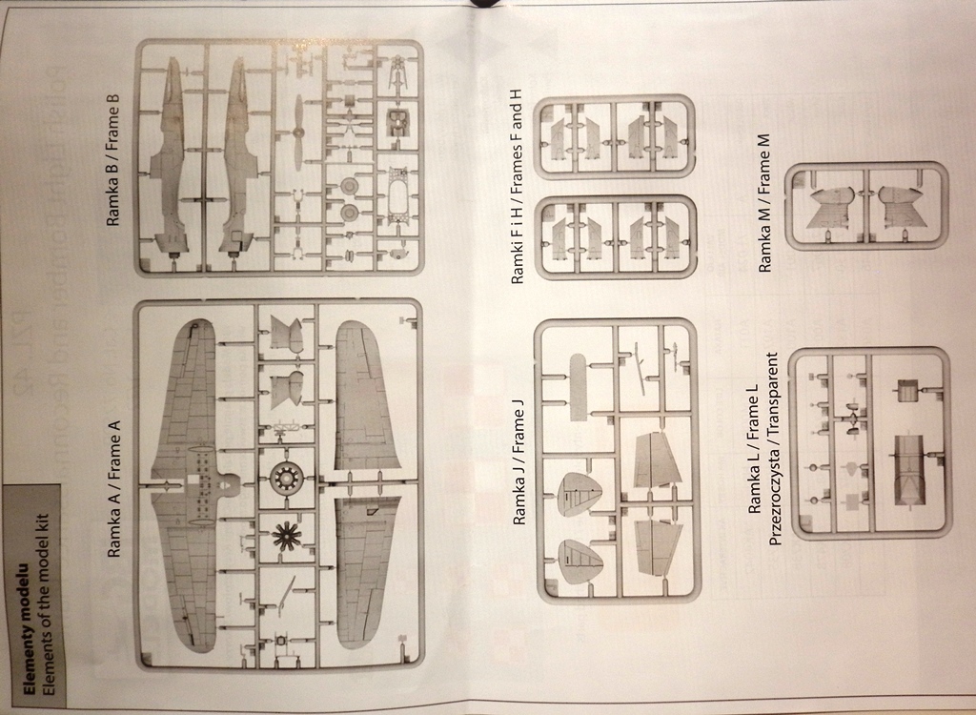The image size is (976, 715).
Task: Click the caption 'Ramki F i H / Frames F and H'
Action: (518, 187)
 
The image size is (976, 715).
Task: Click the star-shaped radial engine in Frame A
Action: (284, 537)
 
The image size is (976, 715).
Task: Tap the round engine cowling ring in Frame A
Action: (284, 478)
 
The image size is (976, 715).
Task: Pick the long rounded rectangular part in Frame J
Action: (578, 387)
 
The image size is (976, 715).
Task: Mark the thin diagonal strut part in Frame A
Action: (283, 596)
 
